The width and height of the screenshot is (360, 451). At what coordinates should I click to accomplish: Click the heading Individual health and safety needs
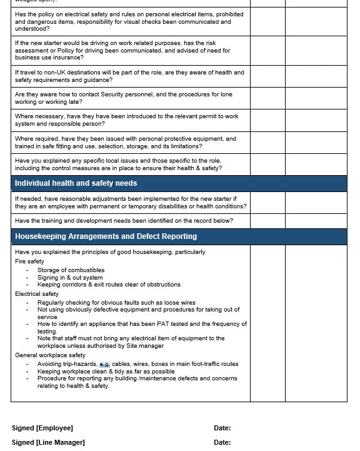point(76,183)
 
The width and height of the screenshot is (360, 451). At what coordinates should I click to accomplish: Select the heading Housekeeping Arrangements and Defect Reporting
point(106,236)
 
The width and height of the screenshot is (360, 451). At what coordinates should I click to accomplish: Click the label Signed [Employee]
point(42,428)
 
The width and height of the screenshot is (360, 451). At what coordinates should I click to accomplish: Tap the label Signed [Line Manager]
point(48,442)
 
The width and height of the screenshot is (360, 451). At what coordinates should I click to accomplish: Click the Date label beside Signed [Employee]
point(222,428)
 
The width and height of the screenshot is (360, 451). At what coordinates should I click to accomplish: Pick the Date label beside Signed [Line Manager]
point(222,442)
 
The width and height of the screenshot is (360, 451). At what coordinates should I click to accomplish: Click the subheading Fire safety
point(29,261)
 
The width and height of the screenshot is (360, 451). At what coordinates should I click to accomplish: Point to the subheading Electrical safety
point(37,293)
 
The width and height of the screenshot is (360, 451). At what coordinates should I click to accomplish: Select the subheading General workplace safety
point(50,355)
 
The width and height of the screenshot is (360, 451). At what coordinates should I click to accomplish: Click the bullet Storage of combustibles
point(71,270)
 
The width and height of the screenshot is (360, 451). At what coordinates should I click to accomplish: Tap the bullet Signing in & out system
point(70,277)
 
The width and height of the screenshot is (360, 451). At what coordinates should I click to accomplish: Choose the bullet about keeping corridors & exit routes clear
point(109,284)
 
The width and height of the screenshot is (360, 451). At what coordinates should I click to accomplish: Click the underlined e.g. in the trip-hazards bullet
point(104,364)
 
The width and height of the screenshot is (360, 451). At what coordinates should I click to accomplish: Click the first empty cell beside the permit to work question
point(267,120)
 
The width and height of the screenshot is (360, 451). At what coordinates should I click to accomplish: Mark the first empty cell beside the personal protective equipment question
point(267,143)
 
